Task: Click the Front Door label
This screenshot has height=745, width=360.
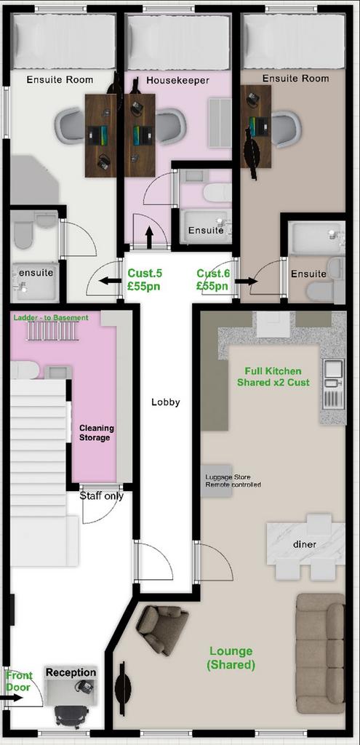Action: [x=19, y=681]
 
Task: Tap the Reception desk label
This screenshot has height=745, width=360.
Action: [x=71, y=672]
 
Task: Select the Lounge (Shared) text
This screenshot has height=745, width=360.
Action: [x=231, y=658]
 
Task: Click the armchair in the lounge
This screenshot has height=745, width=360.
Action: [x=162, y=629]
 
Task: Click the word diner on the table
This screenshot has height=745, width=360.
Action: [x=305, y=544]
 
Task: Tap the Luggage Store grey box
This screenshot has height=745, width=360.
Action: [x=217, y=481]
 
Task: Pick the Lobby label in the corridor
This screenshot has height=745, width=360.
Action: [x=166, y=402]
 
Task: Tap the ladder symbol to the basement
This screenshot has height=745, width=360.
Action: [x=52, y=331]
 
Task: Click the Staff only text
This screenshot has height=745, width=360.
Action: [x=101, y=496]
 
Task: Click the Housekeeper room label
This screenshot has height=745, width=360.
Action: [x=177, y=80]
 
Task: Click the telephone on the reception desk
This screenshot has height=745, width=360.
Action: [x=84, y=686]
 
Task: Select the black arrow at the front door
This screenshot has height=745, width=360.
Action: [x=11, y=698]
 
